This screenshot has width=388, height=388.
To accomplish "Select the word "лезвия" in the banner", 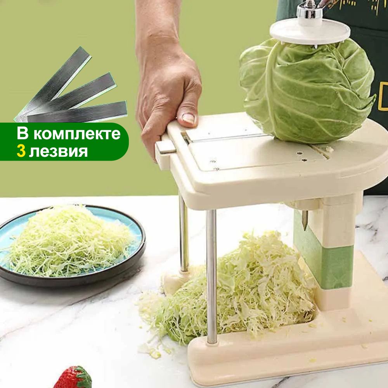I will pyautogui.click(x=58, y=150).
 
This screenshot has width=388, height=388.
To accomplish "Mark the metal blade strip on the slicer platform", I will pyautogui.click(x=225, y=138).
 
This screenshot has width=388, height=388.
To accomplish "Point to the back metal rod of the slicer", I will pyautogui.click(x=184, y=233).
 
